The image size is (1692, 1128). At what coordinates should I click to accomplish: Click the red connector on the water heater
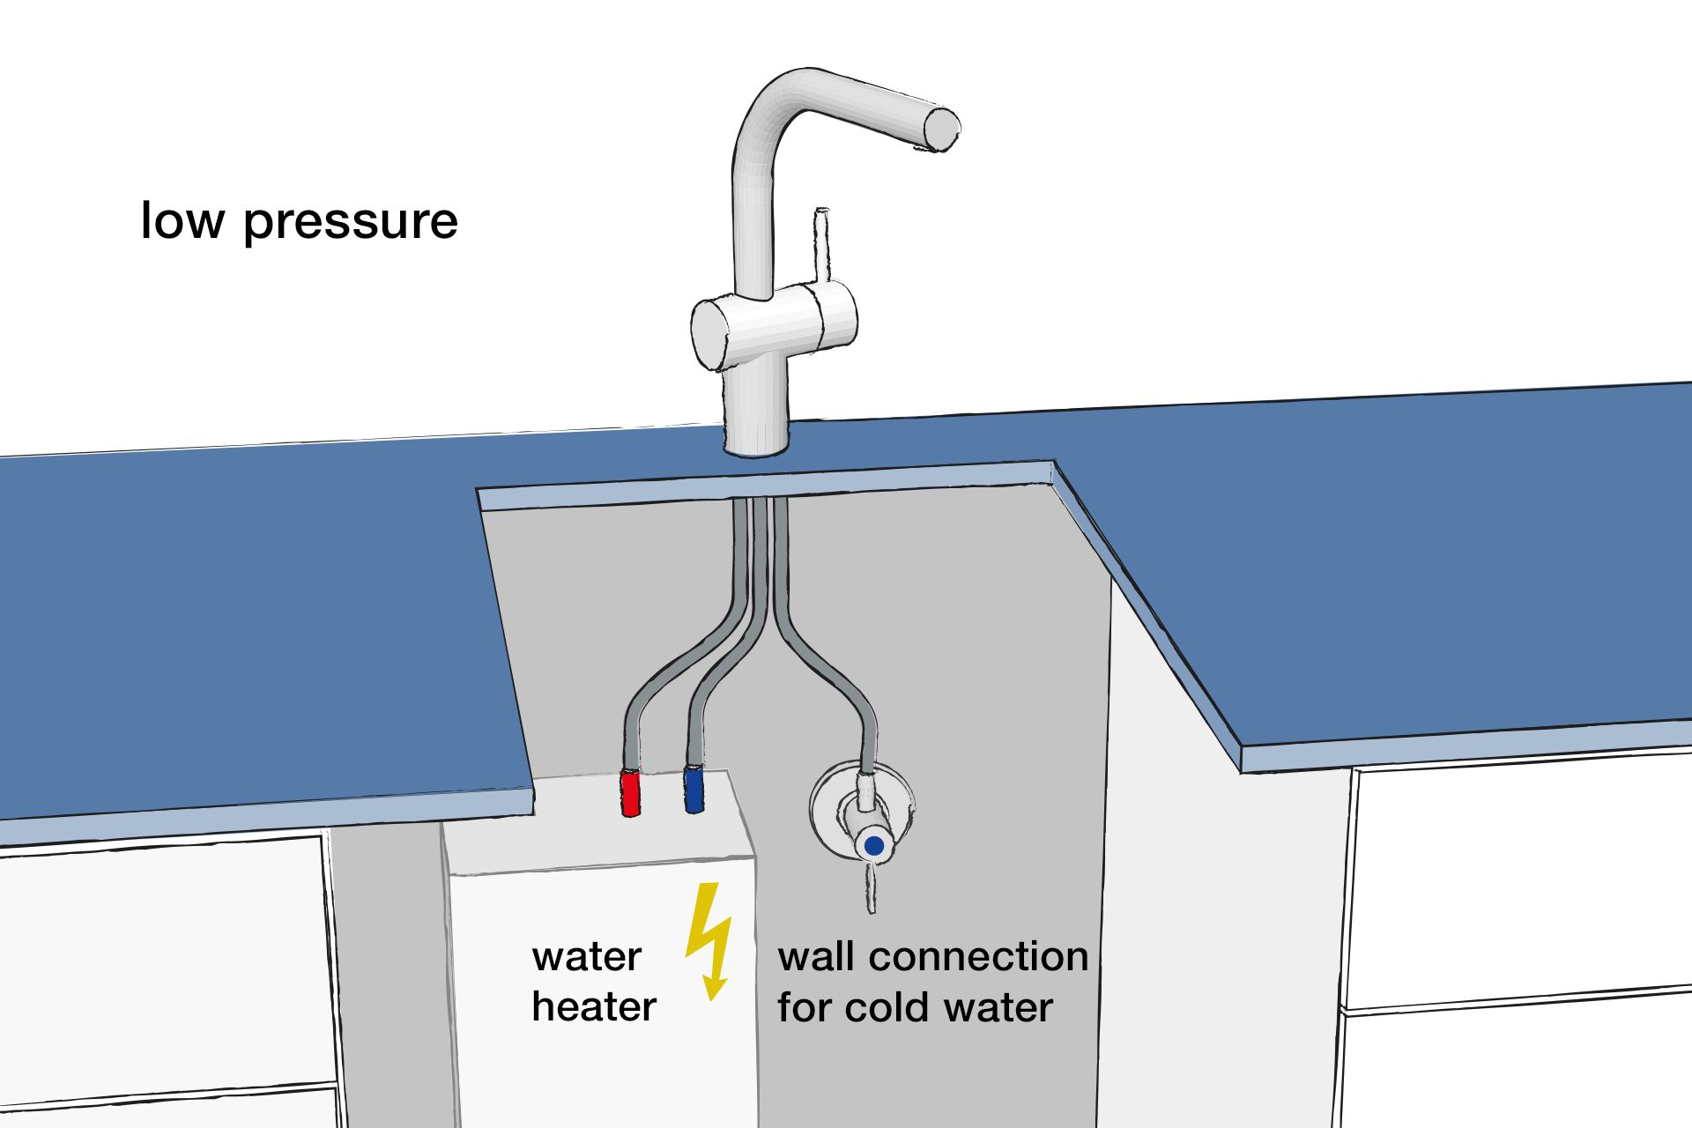coord(630,792)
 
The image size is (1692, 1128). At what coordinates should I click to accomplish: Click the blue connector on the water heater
coord(694,789)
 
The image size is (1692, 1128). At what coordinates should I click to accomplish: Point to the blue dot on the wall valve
coord(873,846)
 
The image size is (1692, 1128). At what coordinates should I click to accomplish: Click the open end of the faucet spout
coord(941,128)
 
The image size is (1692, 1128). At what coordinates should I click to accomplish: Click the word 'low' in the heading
coord(182,219)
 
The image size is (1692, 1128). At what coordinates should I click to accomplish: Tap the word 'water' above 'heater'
coord(586,957)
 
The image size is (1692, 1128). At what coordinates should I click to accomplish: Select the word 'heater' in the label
coord(594,1006)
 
